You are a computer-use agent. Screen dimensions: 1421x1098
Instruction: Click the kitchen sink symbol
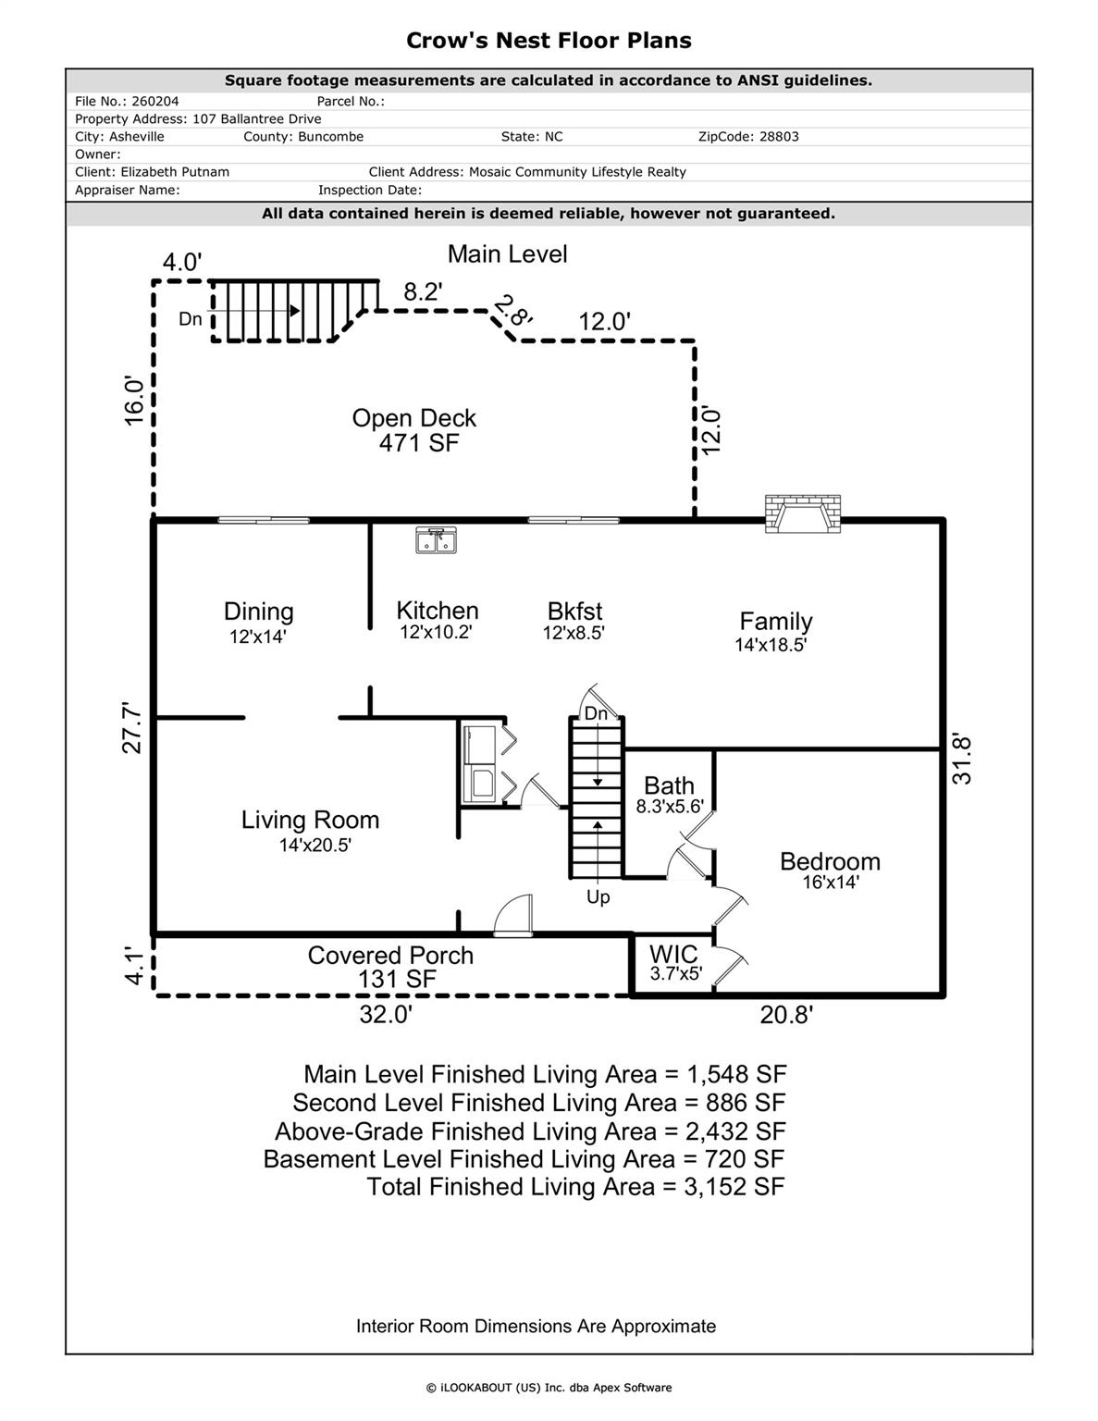pos(435,539)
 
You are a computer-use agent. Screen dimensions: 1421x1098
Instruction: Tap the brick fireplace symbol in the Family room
pos(803,513)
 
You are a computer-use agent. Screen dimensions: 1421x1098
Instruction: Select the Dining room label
pos(258,612)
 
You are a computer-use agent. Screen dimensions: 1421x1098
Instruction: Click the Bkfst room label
pos(574,612)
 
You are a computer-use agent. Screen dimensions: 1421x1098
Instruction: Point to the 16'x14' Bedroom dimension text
pos(831,883)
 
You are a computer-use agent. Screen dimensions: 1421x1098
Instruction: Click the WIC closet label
pos(673,954)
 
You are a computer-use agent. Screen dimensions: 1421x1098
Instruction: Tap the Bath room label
pos(669,785)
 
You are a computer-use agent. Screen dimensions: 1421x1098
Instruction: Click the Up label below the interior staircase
pos(598,897)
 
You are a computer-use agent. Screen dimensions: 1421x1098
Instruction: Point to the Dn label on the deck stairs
pos(191,319)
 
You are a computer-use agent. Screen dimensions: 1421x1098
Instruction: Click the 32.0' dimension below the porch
pos(386,1015)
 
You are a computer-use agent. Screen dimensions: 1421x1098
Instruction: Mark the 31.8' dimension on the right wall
pos(962,760)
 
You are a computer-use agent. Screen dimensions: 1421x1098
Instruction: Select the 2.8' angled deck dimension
pos(513,310)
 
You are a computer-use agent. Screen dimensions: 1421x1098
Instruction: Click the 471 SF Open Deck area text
pos(418,443)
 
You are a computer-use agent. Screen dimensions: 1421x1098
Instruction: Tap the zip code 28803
pos(778,137)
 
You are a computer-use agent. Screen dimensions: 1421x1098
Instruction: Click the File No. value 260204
pos(155,102)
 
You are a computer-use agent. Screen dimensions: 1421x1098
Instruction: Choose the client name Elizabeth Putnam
pos(175,172)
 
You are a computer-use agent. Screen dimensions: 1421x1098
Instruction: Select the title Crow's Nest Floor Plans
pos(549,41)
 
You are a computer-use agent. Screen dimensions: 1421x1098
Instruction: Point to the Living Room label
pos(310,820)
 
